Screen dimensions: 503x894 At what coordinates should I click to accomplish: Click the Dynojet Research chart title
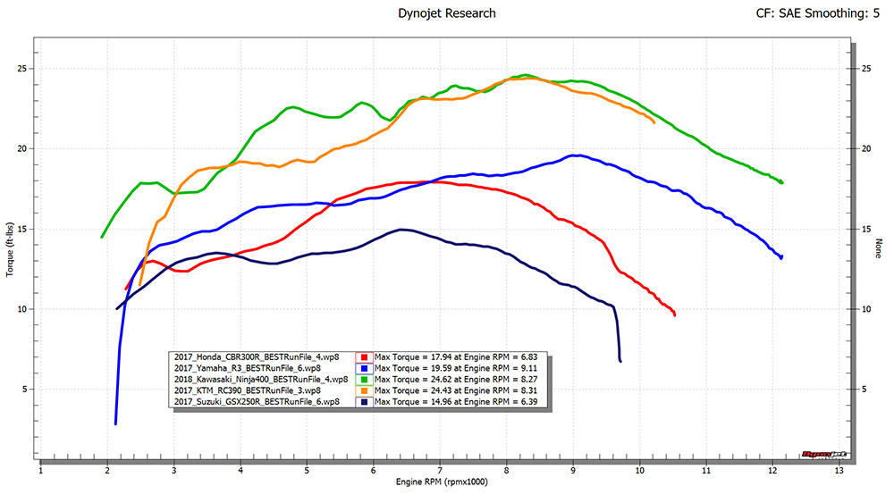tap(445, 13)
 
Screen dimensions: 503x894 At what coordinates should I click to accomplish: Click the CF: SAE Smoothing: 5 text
tap(810, 13)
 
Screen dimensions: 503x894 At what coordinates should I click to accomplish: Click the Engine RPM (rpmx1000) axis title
tap(441, 482)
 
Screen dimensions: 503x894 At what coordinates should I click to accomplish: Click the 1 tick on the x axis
tap(41, 470)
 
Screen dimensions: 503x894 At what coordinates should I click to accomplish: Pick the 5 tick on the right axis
tap(856, 389)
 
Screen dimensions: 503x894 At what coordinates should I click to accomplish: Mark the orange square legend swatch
tap(367, 390)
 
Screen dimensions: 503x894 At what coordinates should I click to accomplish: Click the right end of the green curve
tap(781, 182)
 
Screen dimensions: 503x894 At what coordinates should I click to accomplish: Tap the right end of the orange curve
tap(654, 122)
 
